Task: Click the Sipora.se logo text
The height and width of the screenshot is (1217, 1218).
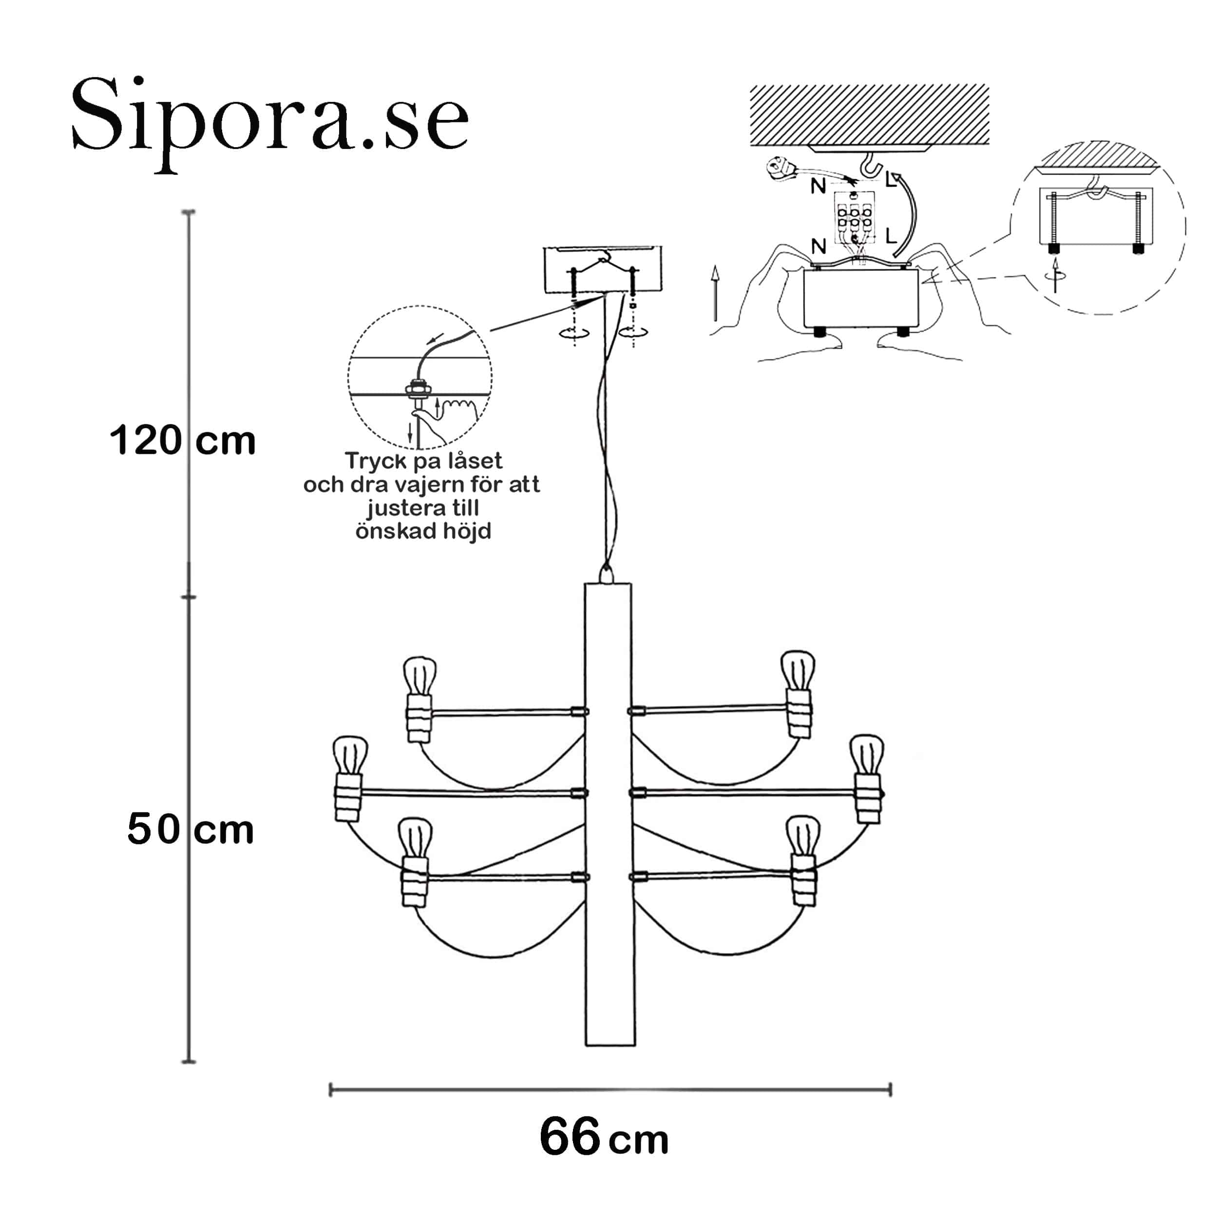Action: (x=270, y=120)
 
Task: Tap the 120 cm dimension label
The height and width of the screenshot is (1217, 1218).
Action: (x=182, y=441)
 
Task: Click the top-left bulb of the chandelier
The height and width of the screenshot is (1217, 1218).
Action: (x=420, y=675)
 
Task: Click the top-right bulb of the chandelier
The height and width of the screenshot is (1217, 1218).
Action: (x=798, y=670)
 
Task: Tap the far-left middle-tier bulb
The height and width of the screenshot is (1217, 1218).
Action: (x=350, y=755)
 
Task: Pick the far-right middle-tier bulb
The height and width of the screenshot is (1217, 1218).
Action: (x=867, y=754)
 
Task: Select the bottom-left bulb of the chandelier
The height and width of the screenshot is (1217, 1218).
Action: (x=415, y=837)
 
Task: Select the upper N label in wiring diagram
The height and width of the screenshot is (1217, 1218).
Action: (x=818, y=186)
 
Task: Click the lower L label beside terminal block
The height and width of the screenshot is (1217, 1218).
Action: (x=890, y=236)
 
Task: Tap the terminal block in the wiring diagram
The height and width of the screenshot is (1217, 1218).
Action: (x=854, y=218)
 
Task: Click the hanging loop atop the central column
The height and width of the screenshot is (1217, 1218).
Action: (x=606, y=574)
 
